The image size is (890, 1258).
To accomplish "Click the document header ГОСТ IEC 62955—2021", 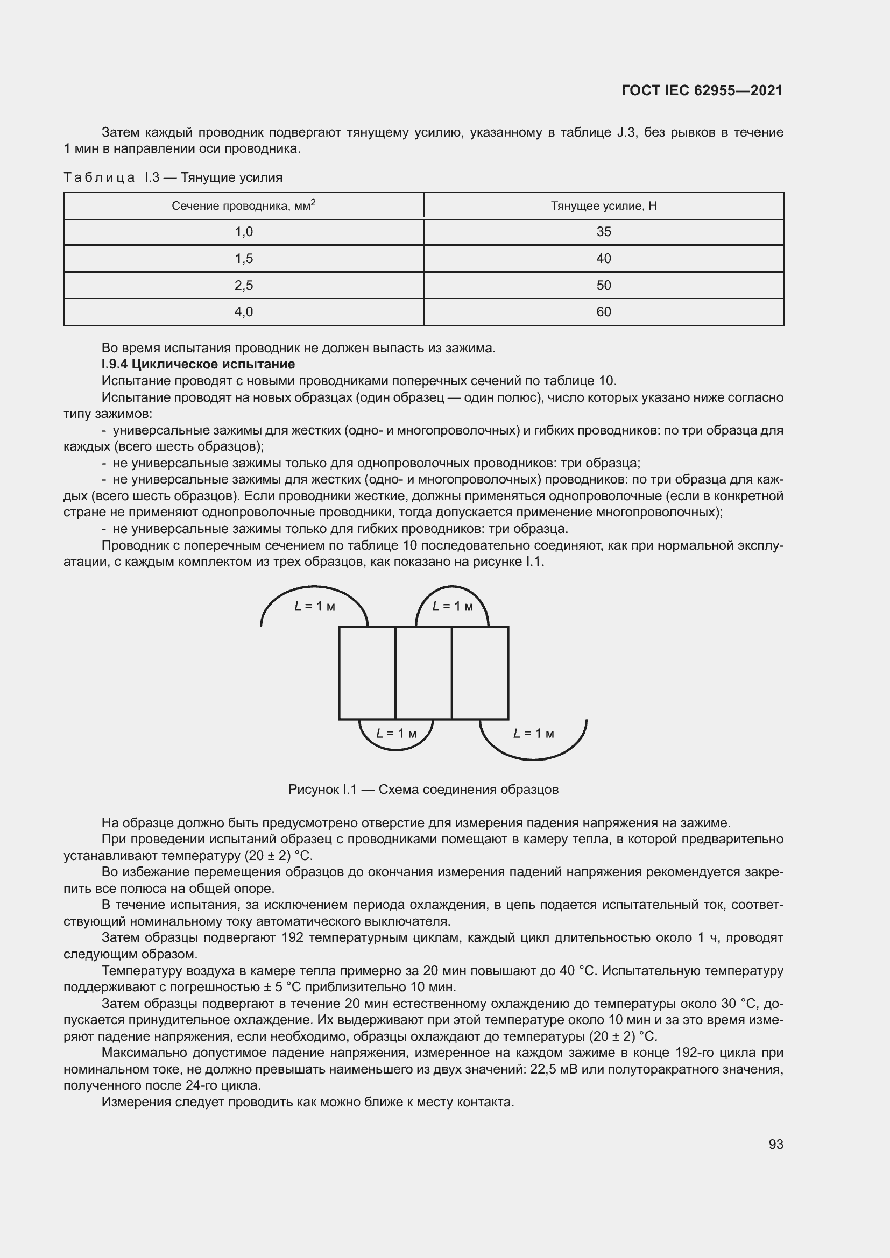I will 702,90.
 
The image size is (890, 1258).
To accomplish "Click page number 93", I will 775,1144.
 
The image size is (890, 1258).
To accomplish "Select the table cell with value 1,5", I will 244,259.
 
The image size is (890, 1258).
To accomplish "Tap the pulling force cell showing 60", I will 603,312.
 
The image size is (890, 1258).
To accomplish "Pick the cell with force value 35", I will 603,232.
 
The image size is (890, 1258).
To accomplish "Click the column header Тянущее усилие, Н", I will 603,206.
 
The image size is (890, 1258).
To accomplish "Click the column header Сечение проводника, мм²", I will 244,206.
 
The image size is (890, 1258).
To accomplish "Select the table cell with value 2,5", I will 244,286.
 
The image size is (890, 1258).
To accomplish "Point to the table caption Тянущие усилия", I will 231,177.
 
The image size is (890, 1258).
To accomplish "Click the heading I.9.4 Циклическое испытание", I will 199,364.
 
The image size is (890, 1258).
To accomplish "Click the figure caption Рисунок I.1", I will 423,790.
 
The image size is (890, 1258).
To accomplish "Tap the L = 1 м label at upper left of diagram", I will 315,607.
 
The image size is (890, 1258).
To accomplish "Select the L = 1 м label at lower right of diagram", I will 533,734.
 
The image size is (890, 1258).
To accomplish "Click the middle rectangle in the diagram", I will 423,673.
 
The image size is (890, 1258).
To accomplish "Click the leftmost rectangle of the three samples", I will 366,673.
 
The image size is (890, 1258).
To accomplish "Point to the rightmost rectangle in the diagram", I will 480,673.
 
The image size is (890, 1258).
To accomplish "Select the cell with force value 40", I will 603,259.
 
